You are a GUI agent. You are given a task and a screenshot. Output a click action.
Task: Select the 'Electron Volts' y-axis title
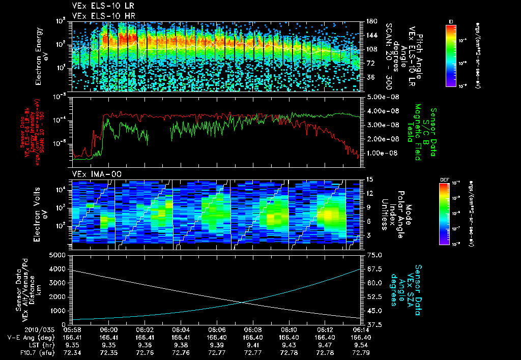click(x=39, y=212)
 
